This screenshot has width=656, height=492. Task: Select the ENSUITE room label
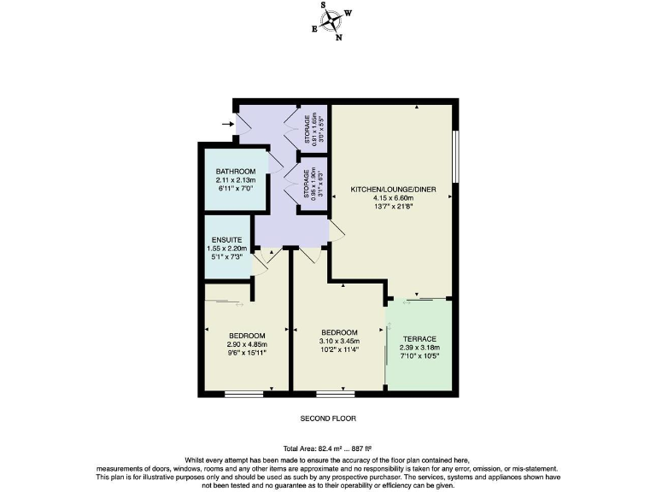coord(228,239)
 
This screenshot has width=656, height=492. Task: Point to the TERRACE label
coord(419,339)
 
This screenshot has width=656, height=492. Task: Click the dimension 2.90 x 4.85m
coord(247,343)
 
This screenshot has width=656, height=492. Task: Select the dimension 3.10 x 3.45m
coord(338,340)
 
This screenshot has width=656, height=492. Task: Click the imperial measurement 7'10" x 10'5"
coord(419,356)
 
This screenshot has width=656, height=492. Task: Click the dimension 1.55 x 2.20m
coord(228,248)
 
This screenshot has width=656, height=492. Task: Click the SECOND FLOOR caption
coord(327,419)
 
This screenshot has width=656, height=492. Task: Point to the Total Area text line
coord(327,449)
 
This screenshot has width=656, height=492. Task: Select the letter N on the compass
coord(339,38)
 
